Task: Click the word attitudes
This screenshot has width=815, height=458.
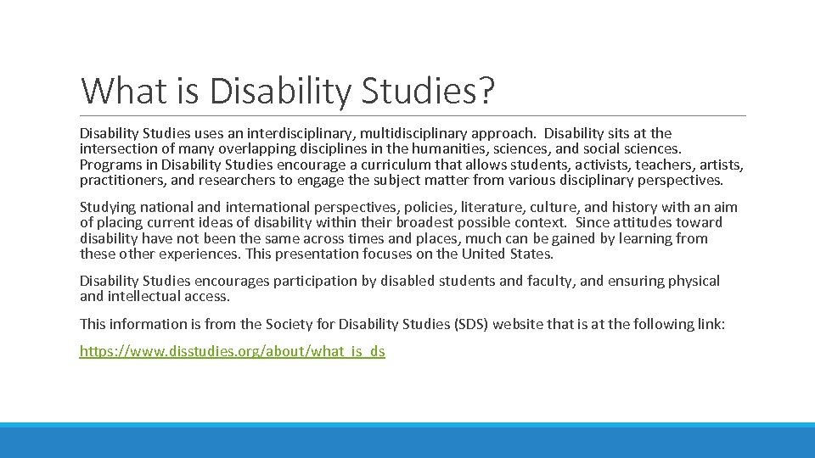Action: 644,223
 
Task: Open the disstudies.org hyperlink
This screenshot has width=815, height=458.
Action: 232,351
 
